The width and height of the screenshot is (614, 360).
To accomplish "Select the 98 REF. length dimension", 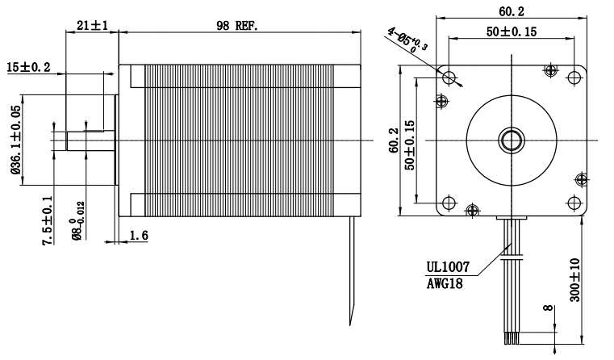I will pos(236,26).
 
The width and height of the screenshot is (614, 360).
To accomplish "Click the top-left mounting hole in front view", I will pos(449,77).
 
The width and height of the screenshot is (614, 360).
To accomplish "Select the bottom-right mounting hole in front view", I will pos(573,203).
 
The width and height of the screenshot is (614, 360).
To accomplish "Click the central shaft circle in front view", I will pos(511,140).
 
